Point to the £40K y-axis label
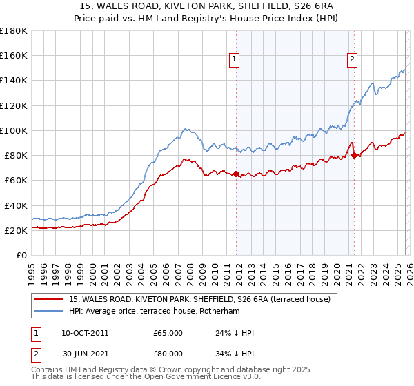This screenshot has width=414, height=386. tap(15, 205)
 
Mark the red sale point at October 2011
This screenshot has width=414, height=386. tap(236, 174)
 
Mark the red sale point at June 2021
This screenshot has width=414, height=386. tap(355, 155)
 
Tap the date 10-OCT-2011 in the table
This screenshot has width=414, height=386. tap(84, 333)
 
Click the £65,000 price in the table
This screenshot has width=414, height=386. tap(168, 333)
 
